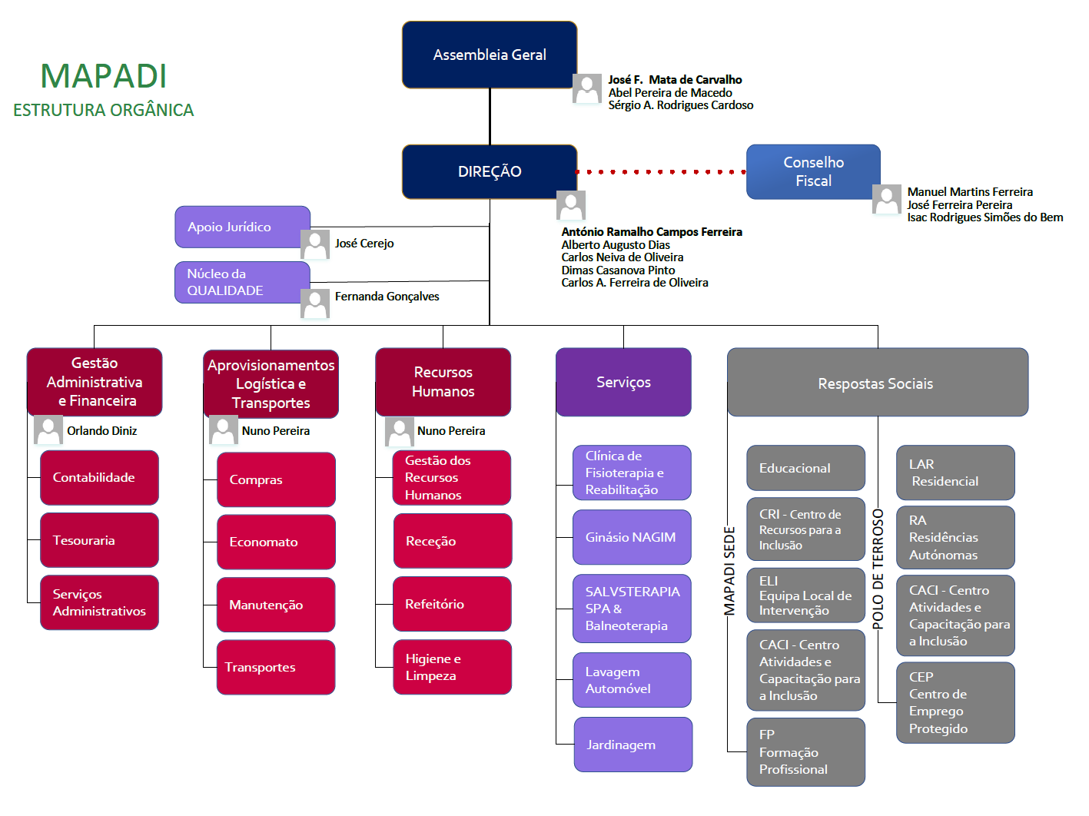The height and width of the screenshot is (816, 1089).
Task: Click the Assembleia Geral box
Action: click(x=490, y=55)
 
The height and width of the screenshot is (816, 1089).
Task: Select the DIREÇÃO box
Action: click(x=490, y=171)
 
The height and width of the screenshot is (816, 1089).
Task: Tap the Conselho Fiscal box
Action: click(x=813, y=171)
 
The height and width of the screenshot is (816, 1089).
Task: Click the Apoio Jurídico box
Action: click(x=242, y=227)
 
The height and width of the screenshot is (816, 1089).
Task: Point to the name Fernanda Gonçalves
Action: click(x=387, y=297)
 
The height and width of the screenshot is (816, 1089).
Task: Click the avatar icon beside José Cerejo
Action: click(x=315, y=244)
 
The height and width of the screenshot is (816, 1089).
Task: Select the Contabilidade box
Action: click(x=99, y=478)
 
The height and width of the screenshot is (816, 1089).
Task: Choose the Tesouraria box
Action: click(x=99, y=540)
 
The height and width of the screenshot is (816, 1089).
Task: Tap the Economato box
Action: click(x=276, y=542)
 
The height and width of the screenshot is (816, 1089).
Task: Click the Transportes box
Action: click(x=276, y=667)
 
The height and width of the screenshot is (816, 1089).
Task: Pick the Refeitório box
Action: click(x=452, y=604)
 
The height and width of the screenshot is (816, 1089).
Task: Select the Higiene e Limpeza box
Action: click(x=452, y=667)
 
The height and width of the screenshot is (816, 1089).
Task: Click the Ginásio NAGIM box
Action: click(x=632, y=537)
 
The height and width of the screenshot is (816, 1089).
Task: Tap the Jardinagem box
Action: click(x=632, y=745)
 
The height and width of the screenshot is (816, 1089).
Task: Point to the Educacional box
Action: click(x=805, y=468)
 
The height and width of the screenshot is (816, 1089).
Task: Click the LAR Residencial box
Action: click(x=955, y=473)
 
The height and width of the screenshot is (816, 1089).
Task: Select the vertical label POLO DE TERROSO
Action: click(x=878, y=569)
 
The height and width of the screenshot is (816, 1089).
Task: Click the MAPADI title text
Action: click(x=104, y=76)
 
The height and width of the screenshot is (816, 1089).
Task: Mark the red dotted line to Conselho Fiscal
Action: click(x=661, y=172)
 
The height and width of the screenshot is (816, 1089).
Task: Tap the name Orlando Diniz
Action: click(x=101, y=431)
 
